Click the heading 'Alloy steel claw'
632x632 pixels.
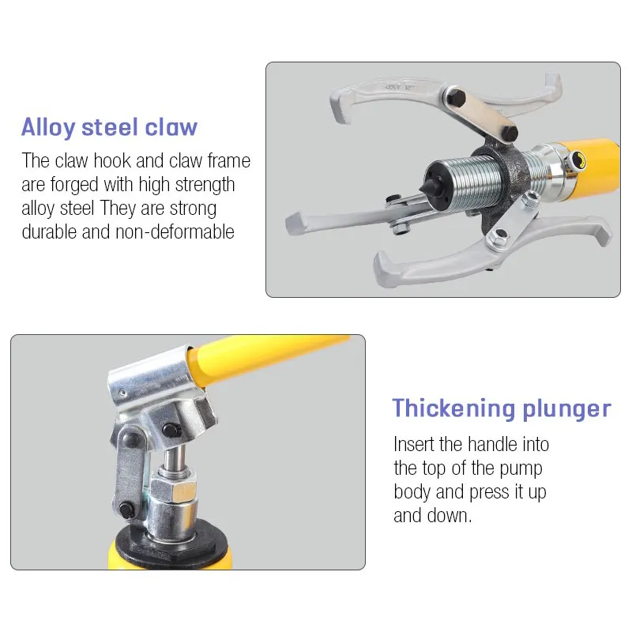(109, 127)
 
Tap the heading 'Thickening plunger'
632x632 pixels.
(502, 408)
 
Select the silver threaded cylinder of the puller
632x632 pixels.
(468, 182)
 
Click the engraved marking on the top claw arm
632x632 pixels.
(400, 87)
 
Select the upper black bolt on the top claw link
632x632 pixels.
(457, 97)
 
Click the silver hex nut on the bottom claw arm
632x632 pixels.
(498, 238)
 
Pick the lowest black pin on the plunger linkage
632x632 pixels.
(127, 510)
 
